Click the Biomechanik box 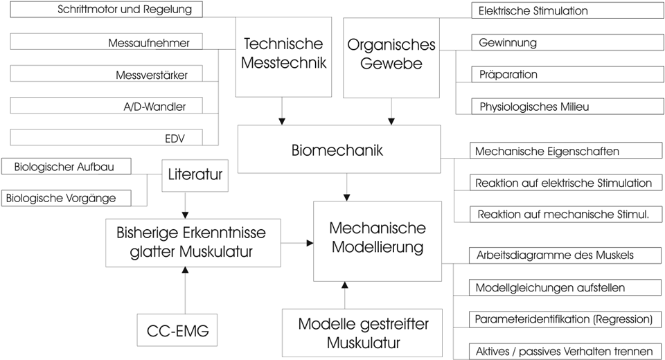[x=339, y=149]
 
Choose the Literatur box [x=195, y=175]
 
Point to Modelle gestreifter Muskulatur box [x=353, y=332]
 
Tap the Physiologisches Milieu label [x=534, y=107]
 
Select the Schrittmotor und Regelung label [x=125, y=10]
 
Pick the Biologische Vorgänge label [x=61, y=199]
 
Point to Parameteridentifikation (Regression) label [x=564, y=320]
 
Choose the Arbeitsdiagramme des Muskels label [x=554, y=255]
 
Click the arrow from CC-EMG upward [x=186, y=291]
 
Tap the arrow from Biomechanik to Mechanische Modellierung [x=346, y=186]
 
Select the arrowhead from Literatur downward [x=186, y=214]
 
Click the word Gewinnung [x=508, y=43]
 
